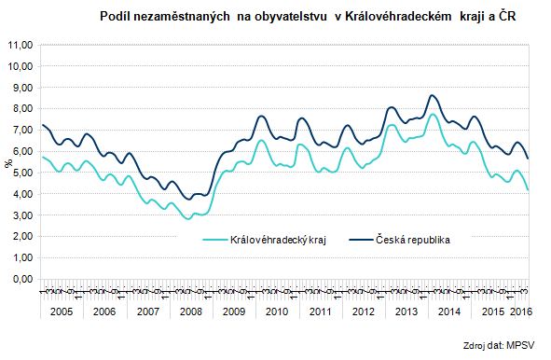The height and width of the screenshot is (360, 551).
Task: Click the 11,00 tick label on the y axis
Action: [21, 45]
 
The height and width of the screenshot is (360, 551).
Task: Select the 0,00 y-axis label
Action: [21, 279]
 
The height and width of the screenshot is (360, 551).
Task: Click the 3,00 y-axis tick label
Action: [21, 215]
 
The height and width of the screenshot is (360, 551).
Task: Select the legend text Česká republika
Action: [412, 241]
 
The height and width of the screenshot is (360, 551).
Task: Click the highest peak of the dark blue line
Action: [432, 95]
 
